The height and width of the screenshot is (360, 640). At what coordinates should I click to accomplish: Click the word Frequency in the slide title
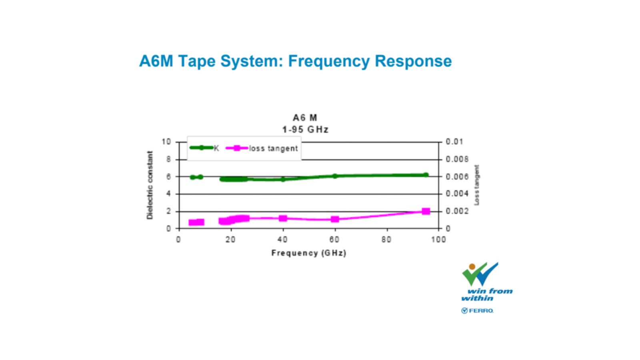point(328,62)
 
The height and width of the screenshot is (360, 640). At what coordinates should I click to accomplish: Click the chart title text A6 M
point(305,118)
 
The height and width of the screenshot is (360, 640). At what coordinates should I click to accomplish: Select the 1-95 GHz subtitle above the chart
point(305,130)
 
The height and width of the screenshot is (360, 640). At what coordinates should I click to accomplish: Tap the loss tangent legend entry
point(262,148)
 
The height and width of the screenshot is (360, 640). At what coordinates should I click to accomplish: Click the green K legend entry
point(204,148)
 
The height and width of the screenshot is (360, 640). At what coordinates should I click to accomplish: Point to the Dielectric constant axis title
point(150,185)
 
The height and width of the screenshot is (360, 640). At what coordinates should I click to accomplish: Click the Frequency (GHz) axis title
point(308,253)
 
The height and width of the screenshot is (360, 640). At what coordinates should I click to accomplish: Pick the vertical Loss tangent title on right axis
point(476,185)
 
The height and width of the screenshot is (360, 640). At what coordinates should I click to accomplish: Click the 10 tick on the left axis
point(166,142)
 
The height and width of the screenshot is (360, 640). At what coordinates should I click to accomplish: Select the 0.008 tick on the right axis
point(457,159)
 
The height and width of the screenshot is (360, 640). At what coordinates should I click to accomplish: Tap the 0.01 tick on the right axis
point(454,142)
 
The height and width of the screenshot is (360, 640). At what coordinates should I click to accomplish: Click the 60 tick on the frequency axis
point(334,240)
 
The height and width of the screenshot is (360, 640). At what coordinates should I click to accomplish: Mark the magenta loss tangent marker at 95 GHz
point(426,211)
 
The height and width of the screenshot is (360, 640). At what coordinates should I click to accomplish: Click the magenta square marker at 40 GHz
point(283,218)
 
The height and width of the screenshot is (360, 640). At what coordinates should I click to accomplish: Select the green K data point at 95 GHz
point(426,175)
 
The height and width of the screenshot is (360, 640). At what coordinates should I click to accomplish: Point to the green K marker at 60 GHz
point(335,176)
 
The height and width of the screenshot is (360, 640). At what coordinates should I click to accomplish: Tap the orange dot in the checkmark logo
point(472,266)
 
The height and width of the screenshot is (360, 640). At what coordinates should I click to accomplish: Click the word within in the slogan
point(478,298)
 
